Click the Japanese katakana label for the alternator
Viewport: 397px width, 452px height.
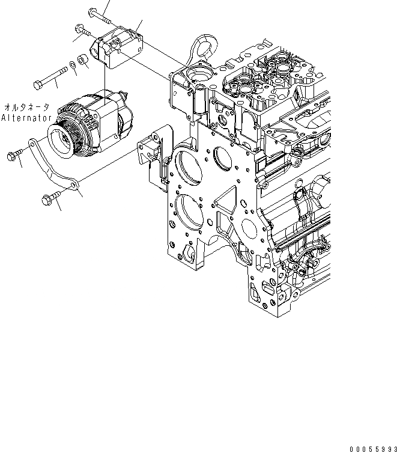tap(28, 103)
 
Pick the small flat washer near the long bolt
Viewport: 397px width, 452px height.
tap(73, 64)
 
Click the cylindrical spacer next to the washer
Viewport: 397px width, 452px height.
tap(83, 61)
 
